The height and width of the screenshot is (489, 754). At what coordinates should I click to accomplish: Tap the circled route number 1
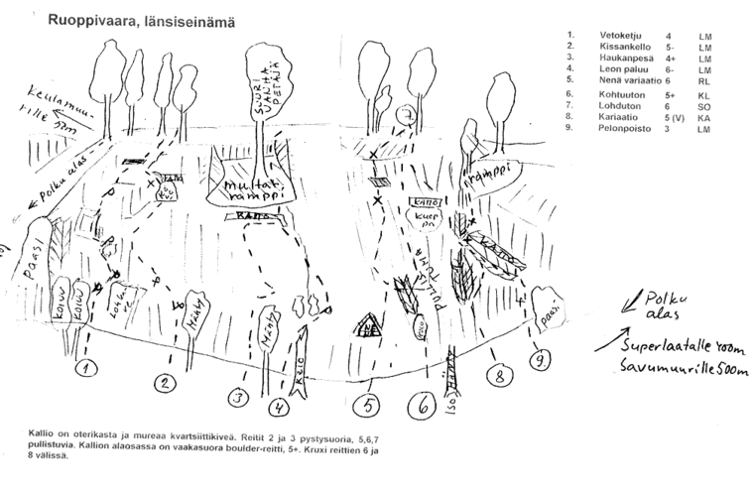(x=87, y=369)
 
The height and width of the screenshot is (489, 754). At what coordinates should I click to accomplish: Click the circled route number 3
(x=237, y=398)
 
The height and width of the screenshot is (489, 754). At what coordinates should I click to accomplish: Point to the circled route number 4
(x=283, y=404)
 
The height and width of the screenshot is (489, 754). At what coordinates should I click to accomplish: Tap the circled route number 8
(x=500, y=375)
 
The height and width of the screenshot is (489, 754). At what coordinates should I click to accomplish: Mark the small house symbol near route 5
(x=368, y=324)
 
